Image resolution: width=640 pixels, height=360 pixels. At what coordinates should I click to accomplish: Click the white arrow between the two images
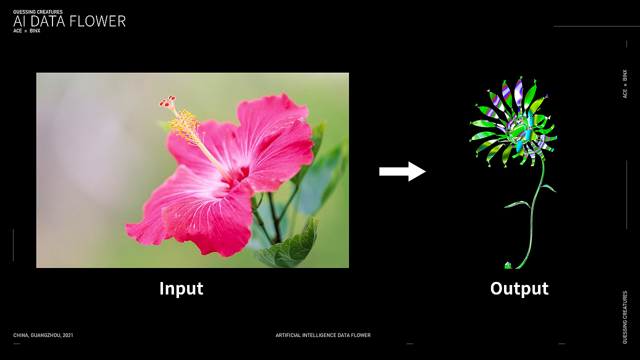[x=402, y=171]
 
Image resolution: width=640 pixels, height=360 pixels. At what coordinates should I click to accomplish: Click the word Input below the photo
[x=181, y=288]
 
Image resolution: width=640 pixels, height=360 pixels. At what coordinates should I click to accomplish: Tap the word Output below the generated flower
[x=519, y=288]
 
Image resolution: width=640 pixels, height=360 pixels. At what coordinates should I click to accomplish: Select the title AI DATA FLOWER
[x=69, y=21]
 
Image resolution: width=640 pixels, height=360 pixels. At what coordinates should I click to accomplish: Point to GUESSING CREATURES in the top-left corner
[x=37, y=11]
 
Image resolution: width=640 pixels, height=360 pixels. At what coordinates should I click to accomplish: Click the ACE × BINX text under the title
[x=26, y=31]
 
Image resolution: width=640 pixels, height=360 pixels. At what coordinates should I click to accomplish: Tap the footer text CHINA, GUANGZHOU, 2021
[x=43, y=335]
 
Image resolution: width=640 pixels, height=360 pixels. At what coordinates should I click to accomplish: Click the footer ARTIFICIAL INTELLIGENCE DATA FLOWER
[x=323, y=335]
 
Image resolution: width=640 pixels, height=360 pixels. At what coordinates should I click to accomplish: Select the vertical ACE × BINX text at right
[x=625, y=84]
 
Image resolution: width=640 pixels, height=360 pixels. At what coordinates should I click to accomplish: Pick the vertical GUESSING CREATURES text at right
[x=625, y=317]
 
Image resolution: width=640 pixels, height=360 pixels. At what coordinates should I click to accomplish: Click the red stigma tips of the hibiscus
[x=167, y=101]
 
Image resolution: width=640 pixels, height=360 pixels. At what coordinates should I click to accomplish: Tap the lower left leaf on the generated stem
[x=517, y=204]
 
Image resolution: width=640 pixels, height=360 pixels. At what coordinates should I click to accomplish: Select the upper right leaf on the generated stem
[x=548, y=187]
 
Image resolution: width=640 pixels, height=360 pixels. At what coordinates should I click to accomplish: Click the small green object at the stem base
[x=508, y=265]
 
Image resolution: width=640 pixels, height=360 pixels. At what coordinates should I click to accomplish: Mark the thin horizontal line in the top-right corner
[x=597, y=26]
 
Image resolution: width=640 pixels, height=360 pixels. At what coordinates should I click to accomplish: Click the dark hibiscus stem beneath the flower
[x=273, y=217]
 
